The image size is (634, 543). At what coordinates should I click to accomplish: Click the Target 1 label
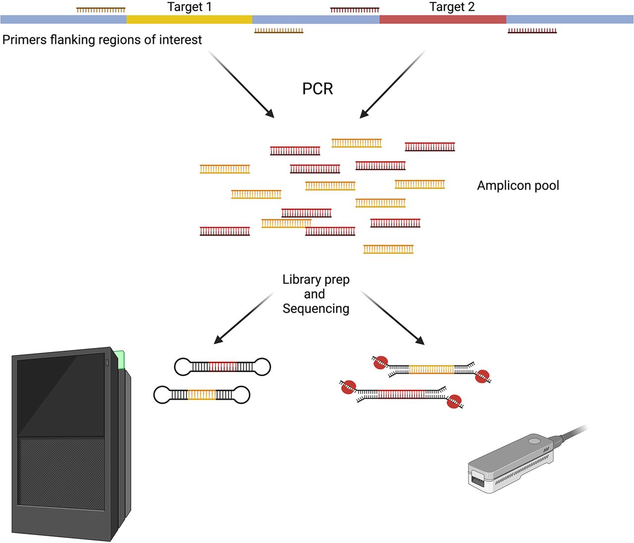point(189,7)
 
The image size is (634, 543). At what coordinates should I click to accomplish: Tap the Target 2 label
point(452,7)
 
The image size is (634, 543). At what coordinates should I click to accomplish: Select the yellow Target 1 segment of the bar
point(189,19)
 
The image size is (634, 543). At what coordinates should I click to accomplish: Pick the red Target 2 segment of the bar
point(442,19)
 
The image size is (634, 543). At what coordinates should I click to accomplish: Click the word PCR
point(317,89)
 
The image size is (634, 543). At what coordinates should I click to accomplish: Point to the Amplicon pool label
point(518,186)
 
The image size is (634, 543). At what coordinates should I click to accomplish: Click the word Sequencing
point(316,308)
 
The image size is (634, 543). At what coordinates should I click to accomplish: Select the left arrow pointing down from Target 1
point(241,84)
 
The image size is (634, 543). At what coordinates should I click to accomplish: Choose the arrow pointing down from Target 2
point(392,84)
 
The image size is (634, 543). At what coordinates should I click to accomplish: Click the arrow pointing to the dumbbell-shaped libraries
point(243,318)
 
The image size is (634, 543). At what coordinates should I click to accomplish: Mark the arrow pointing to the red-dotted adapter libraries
point(393,318)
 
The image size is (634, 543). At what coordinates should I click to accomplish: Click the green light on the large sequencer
point(119,360)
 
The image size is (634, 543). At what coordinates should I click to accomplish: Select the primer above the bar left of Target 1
point(101,9)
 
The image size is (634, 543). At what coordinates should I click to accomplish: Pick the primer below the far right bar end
point(532,31)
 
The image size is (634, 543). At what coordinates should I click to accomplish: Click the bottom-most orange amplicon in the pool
point(388,249)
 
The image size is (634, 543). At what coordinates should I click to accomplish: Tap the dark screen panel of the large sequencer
point(61,396)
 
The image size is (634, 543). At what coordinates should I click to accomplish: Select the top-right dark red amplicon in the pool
point(430,147)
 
